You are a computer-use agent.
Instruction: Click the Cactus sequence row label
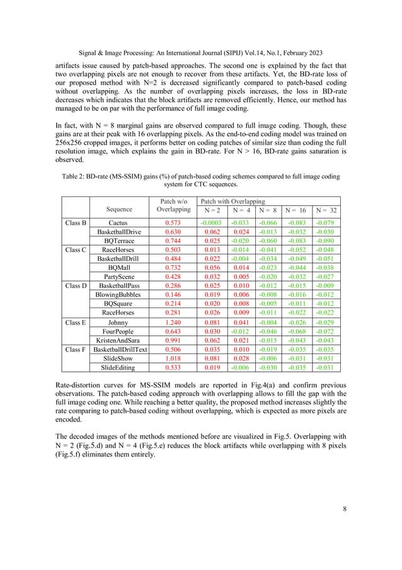[x=120, y=223]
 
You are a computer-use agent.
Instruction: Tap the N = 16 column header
[x=296, y=210]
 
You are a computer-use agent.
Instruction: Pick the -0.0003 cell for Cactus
[x=210, y=223]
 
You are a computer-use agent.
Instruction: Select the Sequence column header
[x=120, y=209]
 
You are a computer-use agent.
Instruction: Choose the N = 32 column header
[x=326, y=210]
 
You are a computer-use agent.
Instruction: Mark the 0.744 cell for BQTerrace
[x=173, y=240]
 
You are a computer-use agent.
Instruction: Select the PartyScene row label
[x=120, y=276]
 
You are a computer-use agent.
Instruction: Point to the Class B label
[x=76, y=223]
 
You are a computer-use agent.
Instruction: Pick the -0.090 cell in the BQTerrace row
[x=326, y=240]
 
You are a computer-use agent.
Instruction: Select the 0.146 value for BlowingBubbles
[x=173, y=294]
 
